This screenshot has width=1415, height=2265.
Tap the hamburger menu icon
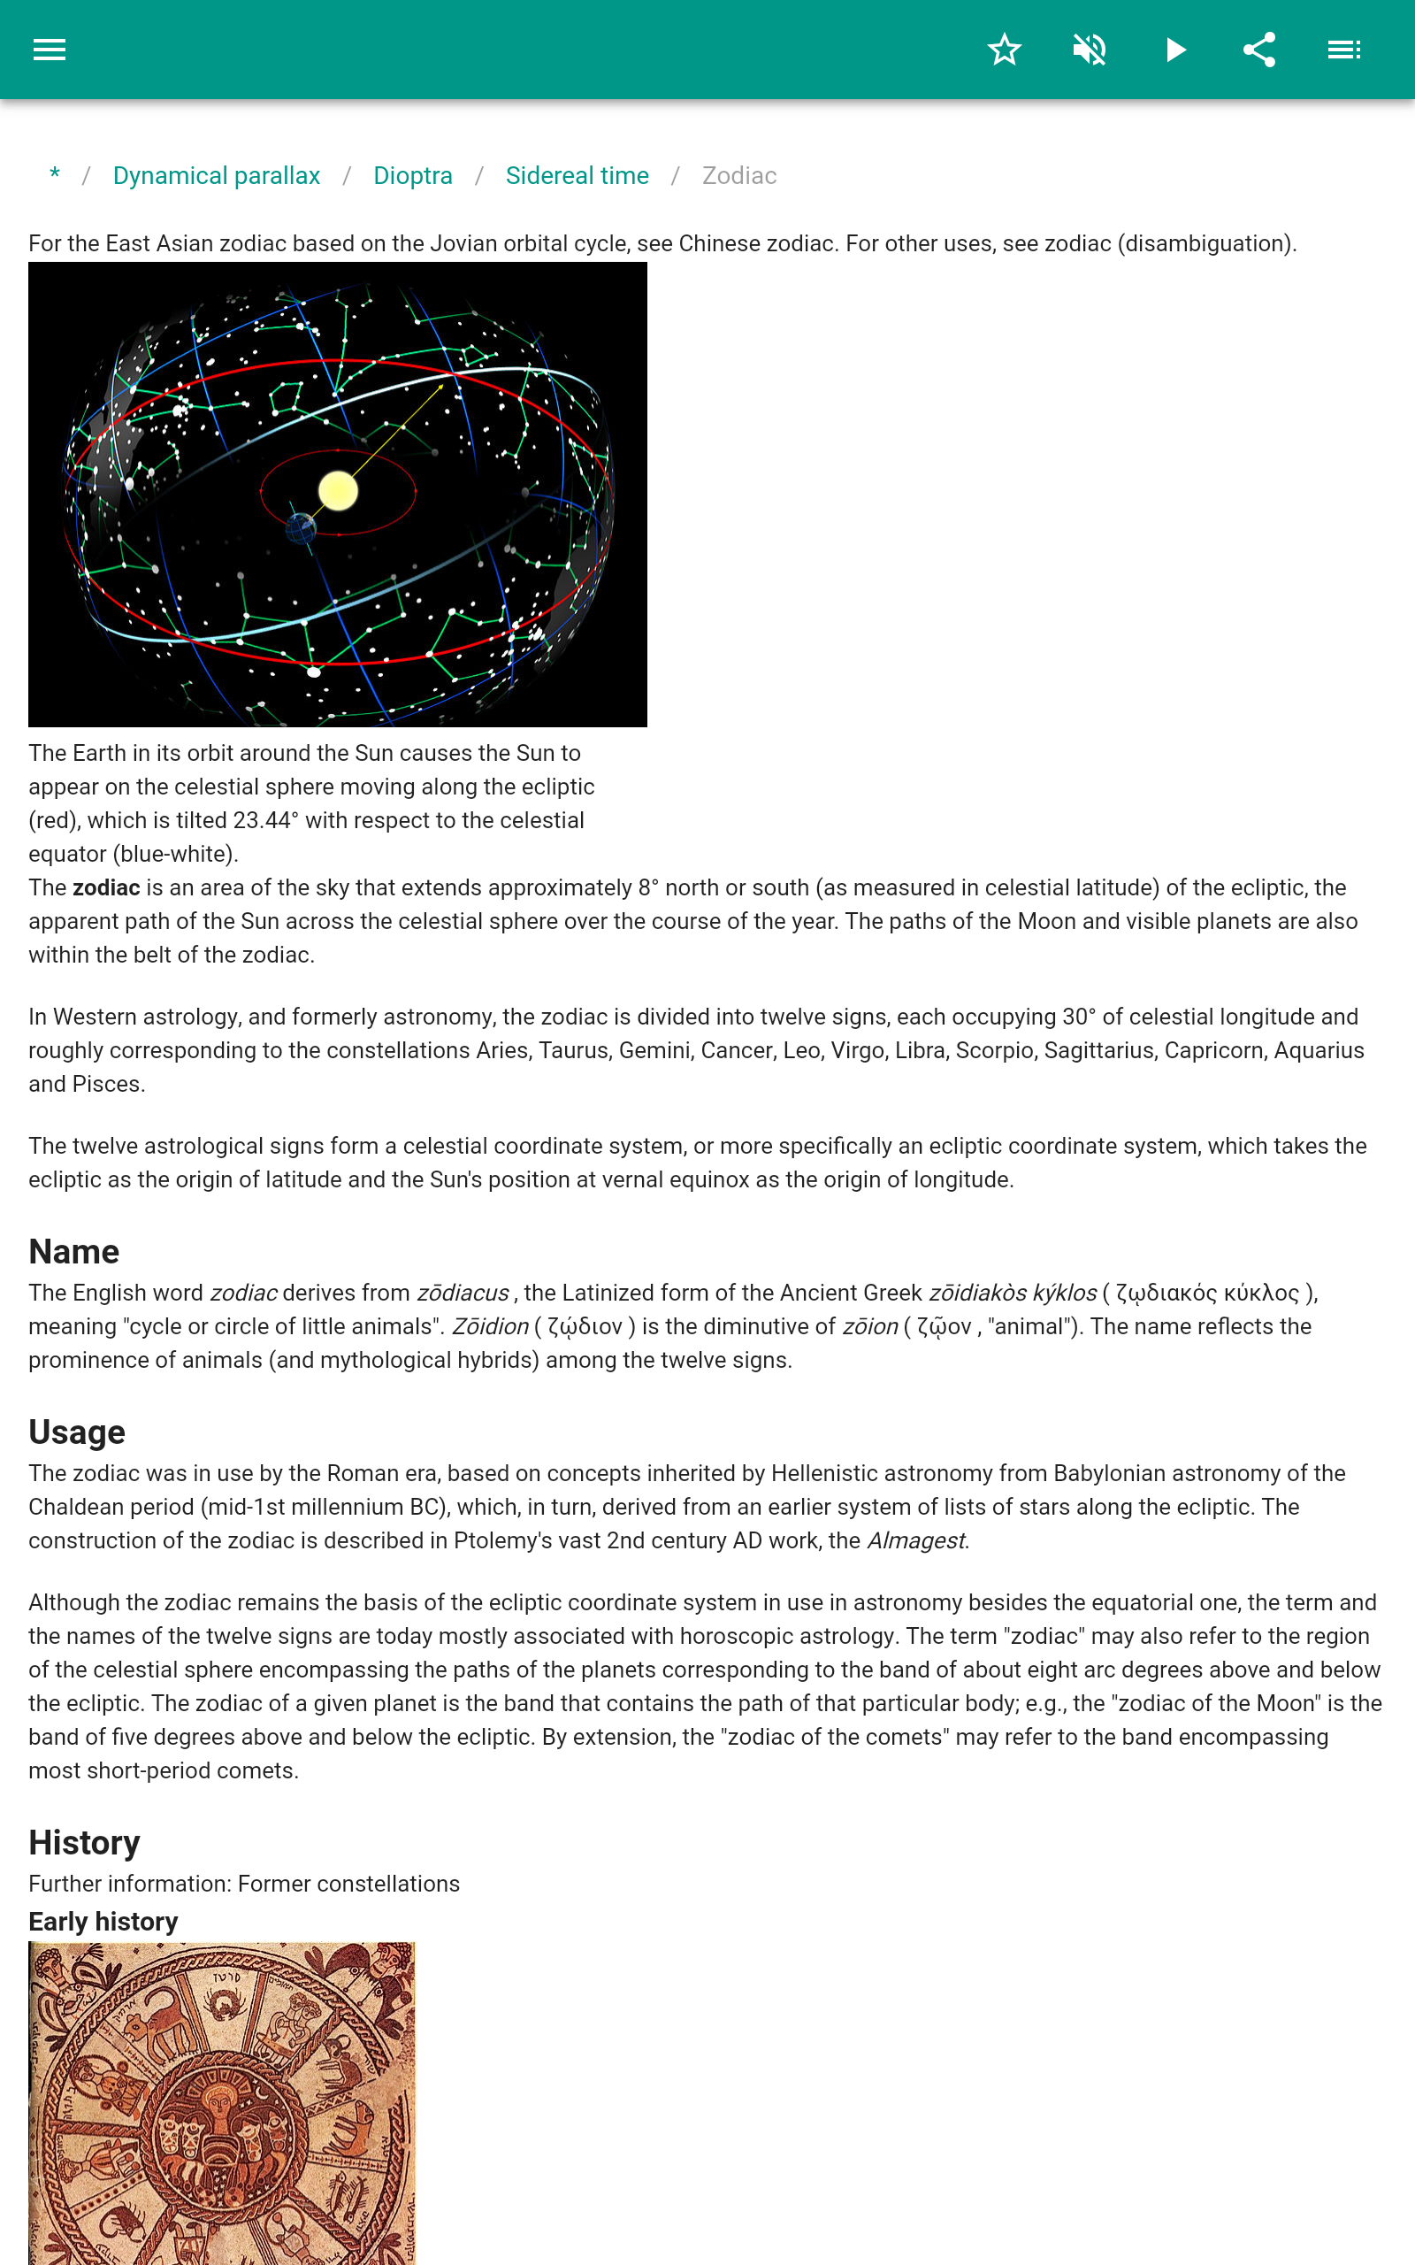tap(50, 50)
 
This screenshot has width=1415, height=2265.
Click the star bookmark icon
tap(1004, 50)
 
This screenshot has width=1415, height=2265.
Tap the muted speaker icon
tap(1090, 50)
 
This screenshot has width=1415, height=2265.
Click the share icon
tap(1259, 50)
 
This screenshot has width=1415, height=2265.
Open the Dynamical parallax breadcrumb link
tap(216, 176)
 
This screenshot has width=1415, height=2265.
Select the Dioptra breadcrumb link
tap(413, 176)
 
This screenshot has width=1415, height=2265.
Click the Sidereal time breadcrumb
tap(577, 176)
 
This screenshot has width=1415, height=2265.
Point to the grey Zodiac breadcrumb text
tap(739, 176)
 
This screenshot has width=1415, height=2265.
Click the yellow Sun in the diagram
tap(338, 491)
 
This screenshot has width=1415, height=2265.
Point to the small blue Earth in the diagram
tap(302, 528)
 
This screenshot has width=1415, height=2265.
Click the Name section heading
tap(74, 1251)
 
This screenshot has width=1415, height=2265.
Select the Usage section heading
tap(77, 1432)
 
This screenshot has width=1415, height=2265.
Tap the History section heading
tap(84, 1842)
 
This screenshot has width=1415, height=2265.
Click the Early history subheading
tap(103, 1922)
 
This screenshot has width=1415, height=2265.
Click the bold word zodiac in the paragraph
tap(107, 887)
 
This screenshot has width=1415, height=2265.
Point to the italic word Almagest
tap(916, 1540)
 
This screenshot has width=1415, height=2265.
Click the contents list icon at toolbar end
tap(1344, 50)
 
